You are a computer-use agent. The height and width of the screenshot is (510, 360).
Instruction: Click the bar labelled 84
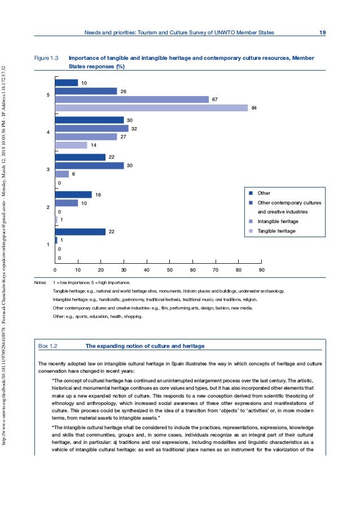[151, 108]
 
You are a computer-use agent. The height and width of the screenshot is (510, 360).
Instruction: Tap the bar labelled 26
[86, 91]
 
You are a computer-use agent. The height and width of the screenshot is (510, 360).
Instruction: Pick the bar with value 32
[92, 128]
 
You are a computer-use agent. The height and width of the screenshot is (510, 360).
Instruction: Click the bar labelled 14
[71, 145]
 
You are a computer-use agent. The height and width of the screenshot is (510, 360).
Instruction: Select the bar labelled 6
[62, 174]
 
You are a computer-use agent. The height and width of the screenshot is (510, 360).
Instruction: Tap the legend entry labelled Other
[264, 193]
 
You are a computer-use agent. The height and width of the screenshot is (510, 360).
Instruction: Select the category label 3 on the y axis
[48, 169]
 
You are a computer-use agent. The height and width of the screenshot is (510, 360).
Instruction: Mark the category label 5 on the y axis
[48, 95]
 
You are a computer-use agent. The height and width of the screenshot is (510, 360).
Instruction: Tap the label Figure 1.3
[47, 58]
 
